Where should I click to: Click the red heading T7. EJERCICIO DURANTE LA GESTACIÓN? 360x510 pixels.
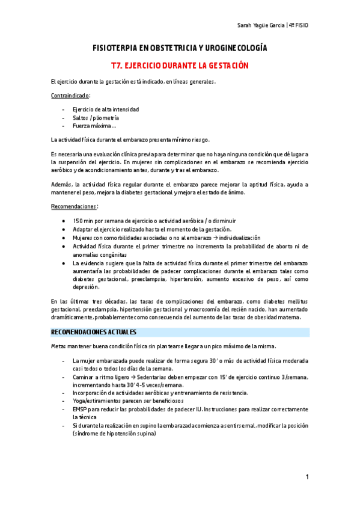[180, 65]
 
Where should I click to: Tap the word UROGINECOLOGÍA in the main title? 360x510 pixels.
[236, 48]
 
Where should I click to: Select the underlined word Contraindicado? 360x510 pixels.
[70, 96]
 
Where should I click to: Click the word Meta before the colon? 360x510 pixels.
[58, 346]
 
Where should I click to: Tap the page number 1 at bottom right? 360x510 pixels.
[307, 477]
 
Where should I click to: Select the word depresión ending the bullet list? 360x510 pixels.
[87, 287]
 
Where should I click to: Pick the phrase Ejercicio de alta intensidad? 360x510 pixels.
[106, 109]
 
